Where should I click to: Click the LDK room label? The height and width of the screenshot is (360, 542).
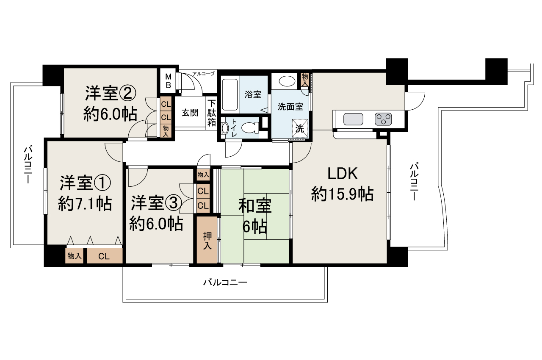coord(342,174)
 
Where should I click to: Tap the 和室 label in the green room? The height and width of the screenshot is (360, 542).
coord(254,206)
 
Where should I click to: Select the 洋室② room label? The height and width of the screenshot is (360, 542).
coord(110,94)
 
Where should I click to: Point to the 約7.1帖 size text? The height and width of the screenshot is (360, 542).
coord(85,204)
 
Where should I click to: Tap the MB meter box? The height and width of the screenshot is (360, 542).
coord(168,81)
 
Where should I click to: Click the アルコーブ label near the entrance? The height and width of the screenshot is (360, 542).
coord(203,74)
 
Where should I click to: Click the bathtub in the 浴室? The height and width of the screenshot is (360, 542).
coord(230,94)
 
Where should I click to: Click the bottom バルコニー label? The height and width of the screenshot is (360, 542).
coord(224,282)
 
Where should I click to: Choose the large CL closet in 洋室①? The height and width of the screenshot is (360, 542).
coord(104,256)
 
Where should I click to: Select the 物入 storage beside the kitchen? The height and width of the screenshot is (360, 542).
coord(304,79)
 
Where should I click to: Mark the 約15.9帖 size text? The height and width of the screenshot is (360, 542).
coord(342,194)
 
